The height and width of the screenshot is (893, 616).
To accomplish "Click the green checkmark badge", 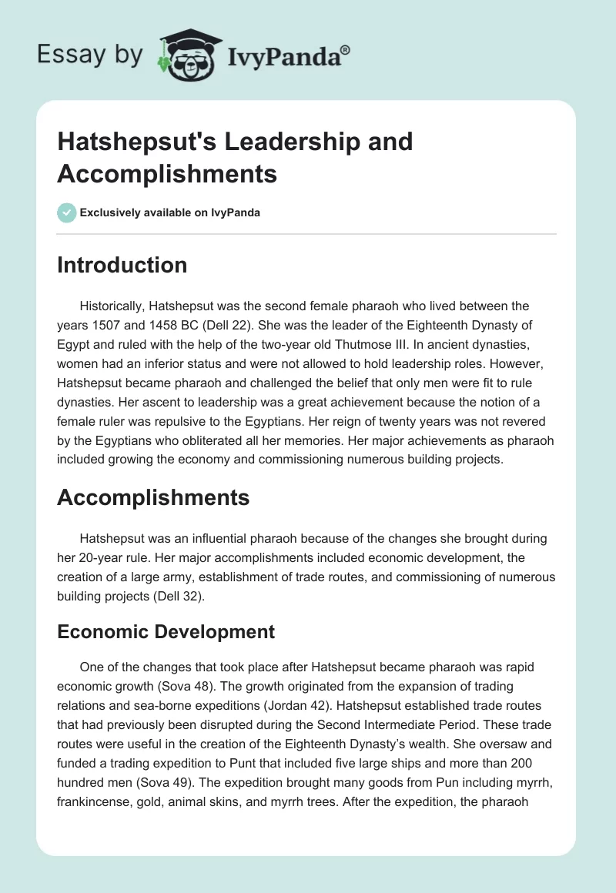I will click(x=66, y=212).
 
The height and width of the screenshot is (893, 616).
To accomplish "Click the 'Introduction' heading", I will click(x=122, y=265).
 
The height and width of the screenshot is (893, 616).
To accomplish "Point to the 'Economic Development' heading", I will click(x=166, y=632).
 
